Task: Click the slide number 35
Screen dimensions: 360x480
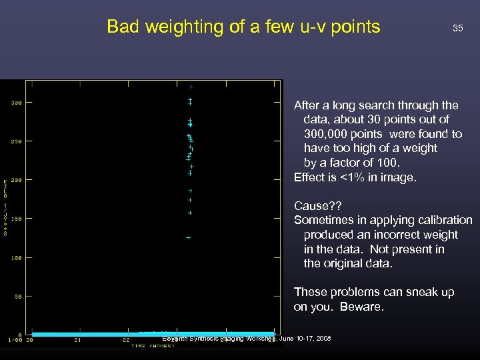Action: click(x=457, y=28)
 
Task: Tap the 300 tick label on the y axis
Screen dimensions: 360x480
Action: click(x=16, y=103)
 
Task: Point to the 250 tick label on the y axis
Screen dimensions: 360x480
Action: click(x=16, y=141)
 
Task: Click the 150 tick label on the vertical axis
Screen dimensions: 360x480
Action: click(x=16, y=219)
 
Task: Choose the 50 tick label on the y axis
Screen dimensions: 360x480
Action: click(x=18, y=296)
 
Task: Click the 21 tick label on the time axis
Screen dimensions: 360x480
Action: click(x=78, y=340)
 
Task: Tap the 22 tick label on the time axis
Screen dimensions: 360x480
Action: click(x=126, y=340)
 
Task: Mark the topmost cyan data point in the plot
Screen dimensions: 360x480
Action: click(x=191, y=87)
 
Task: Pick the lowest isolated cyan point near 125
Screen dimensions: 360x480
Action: click(x=189, y=237)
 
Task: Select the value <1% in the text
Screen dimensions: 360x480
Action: click(x=356, y=177)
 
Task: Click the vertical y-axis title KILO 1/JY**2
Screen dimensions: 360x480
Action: click(x=6, y=207)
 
